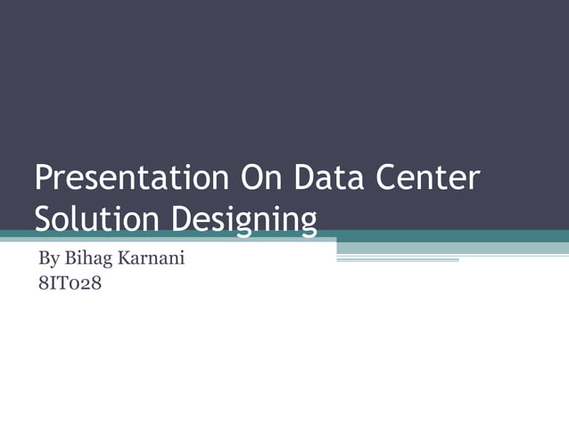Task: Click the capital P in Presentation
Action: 43,178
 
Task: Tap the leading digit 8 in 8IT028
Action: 41,287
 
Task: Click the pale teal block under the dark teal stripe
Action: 452,248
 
